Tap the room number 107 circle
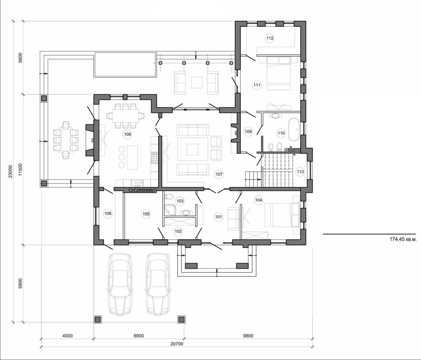pyautogui.click(x=219, y=174)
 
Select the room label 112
pyautogui.click(x=270, y=38)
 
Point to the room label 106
pyautogui.click(x=108, y=214)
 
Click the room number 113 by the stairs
pyautogui.click(x=300, y=171)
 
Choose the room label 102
pyautogui.click(x=178, y=231)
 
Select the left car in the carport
pyautogui.click(x=120, y=284)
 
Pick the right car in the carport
pyautogui.click(x=157, y=284)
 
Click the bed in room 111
pyautogui.click(x=280, y=74)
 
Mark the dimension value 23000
pyautogui.click(x=12, y=171)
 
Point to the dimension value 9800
pyautogui.click(x=248, y=335)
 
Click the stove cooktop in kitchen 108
pyautogui.click(x=155, y=157)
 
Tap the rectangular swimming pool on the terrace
pyautogui.click(x=125, y=65)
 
